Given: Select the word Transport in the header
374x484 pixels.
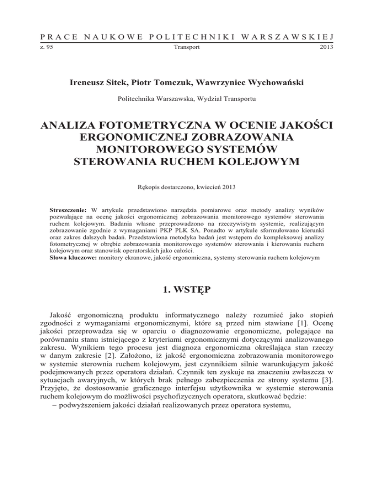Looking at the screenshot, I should [187, 48].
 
